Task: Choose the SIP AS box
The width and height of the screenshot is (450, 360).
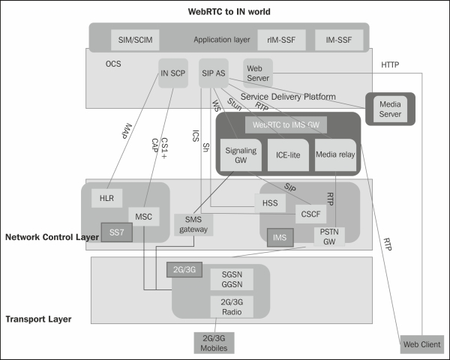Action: point(214,73)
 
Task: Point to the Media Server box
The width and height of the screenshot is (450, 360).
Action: point(391,110)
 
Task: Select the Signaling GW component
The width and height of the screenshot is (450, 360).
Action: point(241,154)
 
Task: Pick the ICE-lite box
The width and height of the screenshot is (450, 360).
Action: point(287,154)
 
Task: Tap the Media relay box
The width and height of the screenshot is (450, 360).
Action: point(334,154)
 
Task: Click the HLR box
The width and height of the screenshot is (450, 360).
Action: point(106,199)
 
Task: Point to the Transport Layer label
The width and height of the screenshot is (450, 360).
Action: point(39,319)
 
